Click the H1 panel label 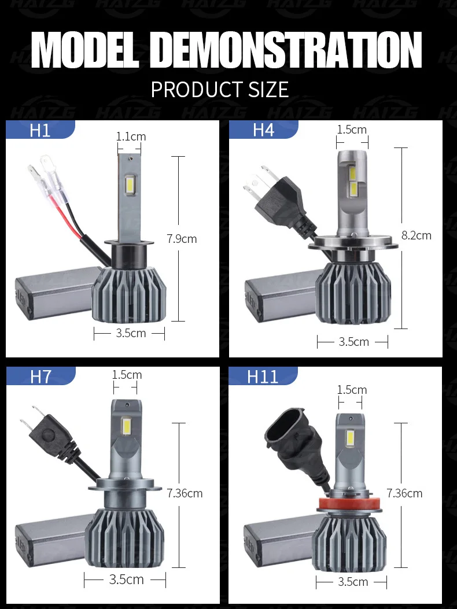[x=40, y=130]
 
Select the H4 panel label [x=263, y=130]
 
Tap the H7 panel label [x=41, y=377]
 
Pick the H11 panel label [x=263, y=377]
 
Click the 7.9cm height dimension [x=182, y=238]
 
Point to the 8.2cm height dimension [x=416, y=235]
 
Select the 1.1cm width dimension [x=131, y=136]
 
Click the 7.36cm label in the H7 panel [x=185, y=493]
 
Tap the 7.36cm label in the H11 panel [x=404, y=493]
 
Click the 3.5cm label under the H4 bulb [x=353, y=342]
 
